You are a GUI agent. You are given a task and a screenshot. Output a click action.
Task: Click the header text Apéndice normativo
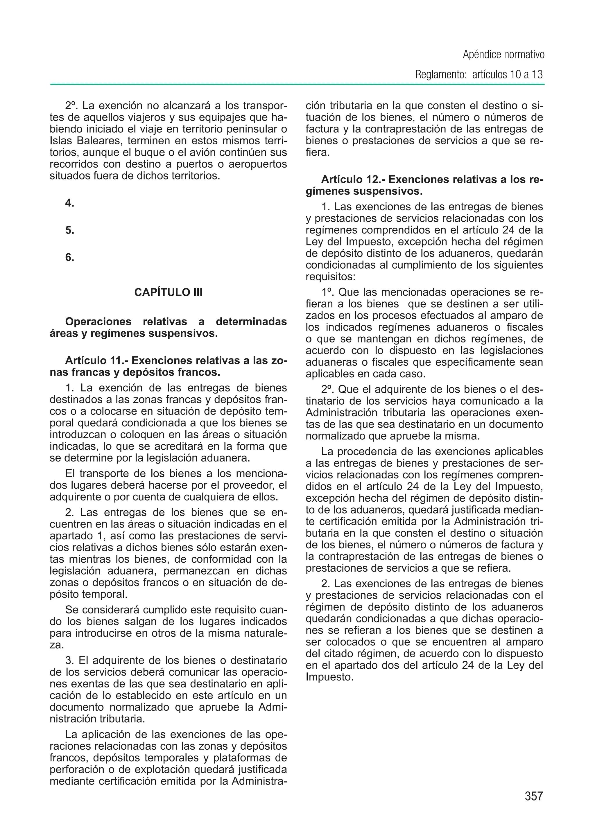click(x=503, y=55)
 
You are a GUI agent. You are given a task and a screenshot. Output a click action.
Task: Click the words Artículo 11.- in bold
click(x=96, y=361)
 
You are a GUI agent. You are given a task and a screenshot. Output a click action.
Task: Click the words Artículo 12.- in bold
click(x=352, y=180)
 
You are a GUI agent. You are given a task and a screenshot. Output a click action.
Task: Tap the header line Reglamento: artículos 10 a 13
click(x=479, y=75)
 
